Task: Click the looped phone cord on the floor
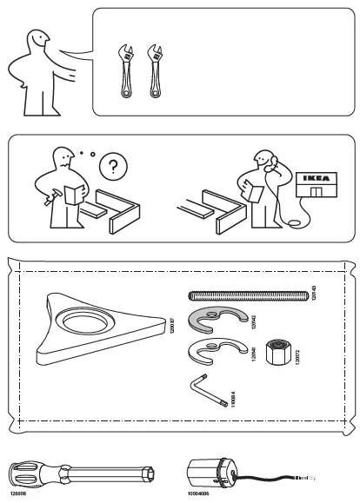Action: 297,225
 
